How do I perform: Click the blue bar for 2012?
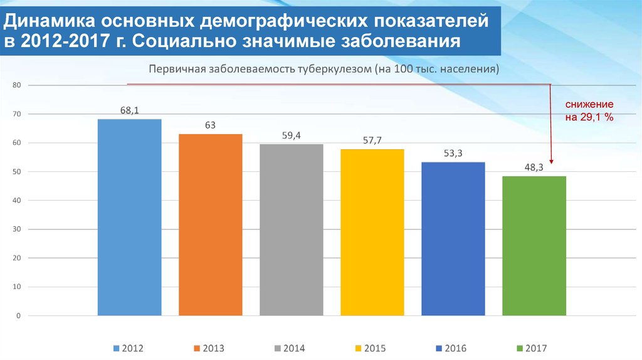(129, 217)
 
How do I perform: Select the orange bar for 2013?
(210, 225)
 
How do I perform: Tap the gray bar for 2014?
(291, 230)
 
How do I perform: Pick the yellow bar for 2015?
(372, 232)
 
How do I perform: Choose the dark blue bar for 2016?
(453, 238)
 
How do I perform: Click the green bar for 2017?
(534, 246)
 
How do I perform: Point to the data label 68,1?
(129, 110)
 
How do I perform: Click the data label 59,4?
(291, 135)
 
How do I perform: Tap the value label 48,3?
(534, 167)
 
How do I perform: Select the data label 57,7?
(372, 140)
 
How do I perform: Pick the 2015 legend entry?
(370, 347)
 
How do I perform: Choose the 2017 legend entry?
(531, 347)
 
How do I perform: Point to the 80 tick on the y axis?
(17, 85)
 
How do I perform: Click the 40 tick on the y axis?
(17, 201)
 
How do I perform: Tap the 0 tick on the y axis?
(19, 316)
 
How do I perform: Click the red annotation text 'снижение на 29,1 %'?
(589, 110)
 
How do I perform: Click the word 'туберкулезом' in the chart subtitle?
(327, 69)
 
